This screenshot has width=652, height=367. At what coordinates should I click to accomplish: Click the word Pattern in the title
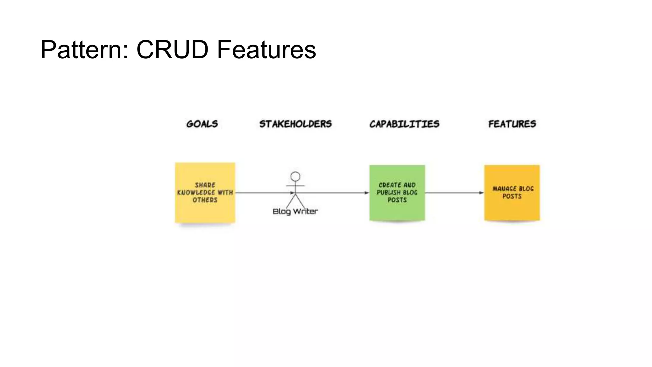[x=84, y=50]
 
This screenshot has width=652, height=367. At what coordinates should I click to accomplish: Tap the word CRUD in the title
[x=172, y=50]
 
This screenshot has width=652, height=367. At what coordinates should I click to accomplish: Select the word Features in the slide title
[x=266, y=50]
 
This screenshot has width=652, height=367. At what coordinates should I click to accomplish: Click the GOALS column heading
[x=202, y=124]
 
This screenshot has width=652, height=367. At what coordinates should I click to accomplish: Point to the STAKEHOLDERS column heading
[x=295, y=124]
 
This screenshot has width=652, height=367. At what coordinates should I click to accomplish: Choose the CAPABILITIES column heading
[x=404, y=124]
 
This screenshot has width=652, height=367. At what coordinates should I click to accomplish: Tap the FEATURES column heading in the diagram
[x=512, y=124]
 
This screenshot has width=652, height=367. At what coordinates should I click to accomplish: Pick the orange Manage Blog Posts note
[x=512, y=210]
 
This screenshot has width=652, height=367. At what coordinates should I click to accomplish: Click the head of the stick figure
[x=295, y=176]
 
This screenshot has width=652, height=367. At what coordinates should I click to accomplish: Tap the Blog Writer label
[x=295, y=212]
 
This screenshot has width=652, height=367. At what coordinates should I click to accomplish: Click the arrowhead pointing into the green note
[x=367, y=193]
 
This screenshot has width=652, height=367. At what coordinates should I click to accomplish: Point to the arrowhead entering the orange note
[x=481, y=193]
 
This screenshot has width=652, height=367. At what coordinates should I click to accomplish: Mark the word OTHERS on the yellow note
[x=205, y=200]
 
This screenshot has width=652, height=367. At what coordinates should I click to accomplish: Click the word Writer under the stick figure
[x=305, y=212]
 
